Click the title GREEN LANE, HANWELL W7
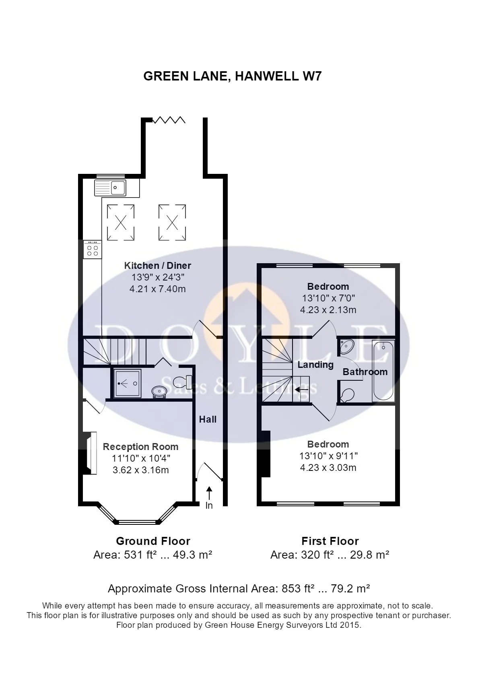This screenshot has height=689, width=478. [233, 76]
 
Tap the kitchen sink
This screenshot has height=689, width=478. [110, 188]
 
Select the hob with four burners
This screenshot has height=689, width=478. [93, 250]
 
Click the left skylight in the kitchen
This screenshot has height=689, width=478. [121, 222]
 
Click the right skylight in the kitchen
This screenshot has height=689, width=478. [172, 222]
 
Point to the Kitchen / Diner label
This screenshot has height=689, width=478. [157, 266]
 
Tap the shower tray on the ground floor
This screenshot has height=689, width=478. [127, 383]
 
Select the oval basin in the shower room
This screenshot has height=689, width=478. [159, 391]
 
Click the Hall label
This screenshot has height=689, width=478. [208, 419]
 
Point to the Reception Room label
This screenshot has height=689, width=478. [140, 447]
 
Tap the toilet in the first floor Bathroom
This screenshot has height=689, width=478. [347, 395]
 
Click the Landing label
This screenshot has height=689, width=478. [315, 365]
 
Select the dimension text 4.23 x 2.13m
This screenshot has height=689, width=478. [328, 310]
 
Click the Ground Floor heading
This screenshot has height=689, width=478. [153, 541]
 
